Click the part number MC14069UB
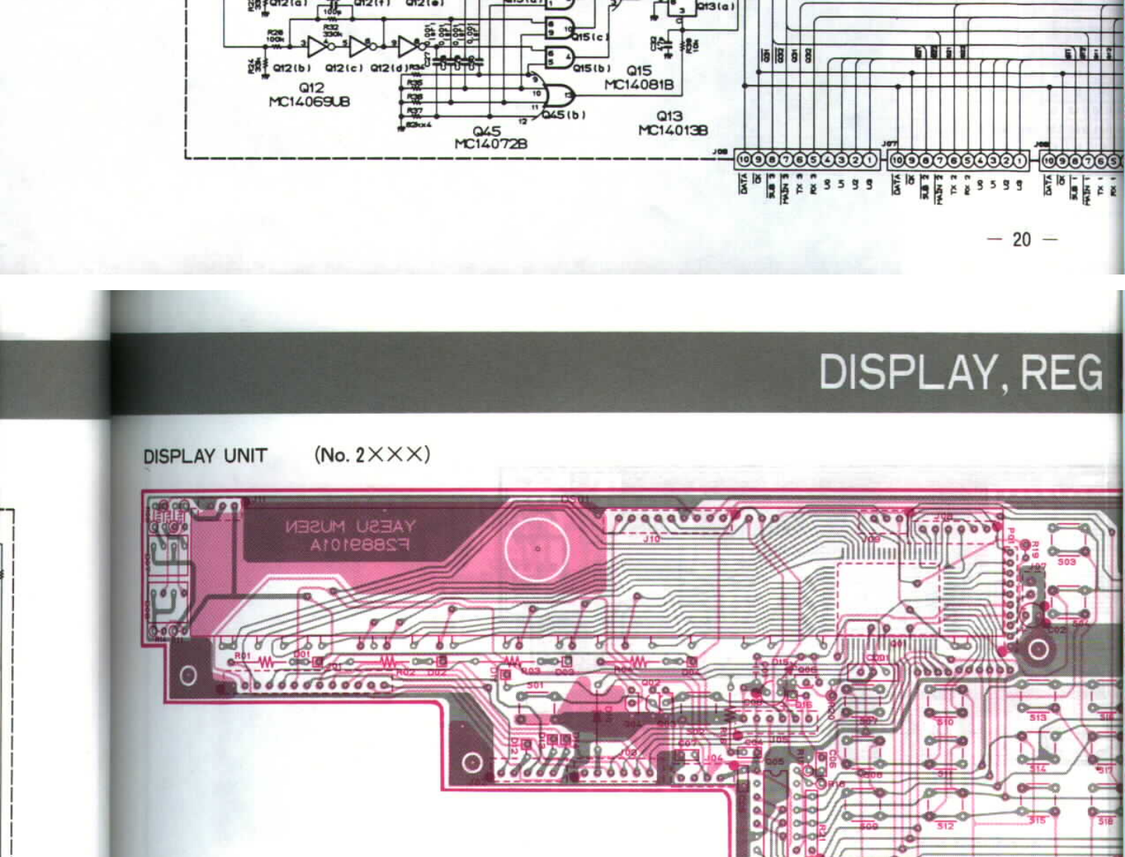pyautogui.click(x=309, y=102)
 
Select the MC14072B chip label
pyautogui.click(x=490, y=144)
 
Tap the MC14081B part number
pyautogui.click(x=638, y=85)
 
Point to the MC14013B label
pyautogui.click(x=673, y=130)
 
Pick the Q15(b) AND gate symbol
pyautogui.click(x=559, y=57)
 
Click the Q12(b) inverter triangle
pyautogui.click(x=317, y=48)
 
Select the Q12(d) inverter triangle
pyautogui.click(x=408, y=48)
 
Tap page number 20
pyautogui.click(x=1022, y=240)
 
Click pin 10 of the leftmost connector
pyautogui.click(x=744, y=160)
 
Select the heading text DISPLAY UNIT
pyautogui.click(x=205, y=456)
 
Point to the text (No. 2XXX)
pyautogui.click(x=372, y=455)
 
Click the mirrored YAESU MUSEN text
pyautogui.click(x=350, y=527)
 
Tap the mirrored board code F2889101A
pyautogui.click(x=359, y=545)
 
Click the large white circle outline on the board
pyautogui.click(x=537, y=549)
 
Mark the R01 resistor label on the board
pyautogui.click(x=243, y=655)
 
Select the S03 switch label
pyautogui.click(x=1066, y=562)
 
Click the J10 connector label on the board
pyautogui.click(x=651, y=538)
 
